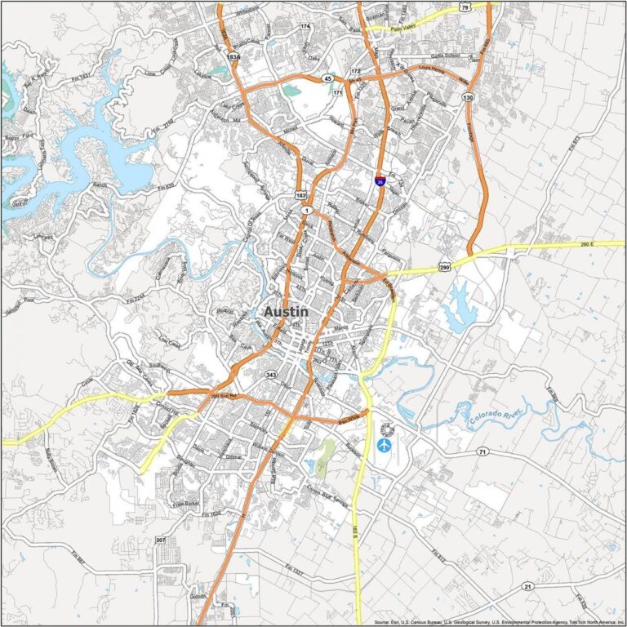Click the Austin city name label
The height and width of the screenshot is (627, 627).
pyautogui.click(x=287, y=312)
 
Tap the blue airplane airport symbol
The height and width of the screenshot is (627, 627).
pyautogui.click(x=384, y=445)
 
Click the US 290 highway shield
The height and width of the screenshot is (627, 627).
pyautogui.click(x=443, y=267)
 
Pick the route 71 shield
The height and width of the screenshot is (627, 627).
pyautogui.click(x=482, y=451)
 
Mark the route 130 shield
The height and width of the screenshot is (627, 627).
pyautogui.click(x=468, y=97)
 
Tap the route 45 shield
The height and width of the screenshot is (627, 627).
pyautogui.click(x=327, y=78)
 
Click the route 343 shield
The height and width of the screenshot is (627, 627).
pyautogui.click(x=271, y=375)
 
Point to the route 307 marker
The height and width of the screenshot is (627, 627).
pyautogui.click(x=161, y=540)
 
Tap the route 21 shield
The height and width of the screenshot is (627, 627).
pyautogui.click(x=528, y=587)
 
